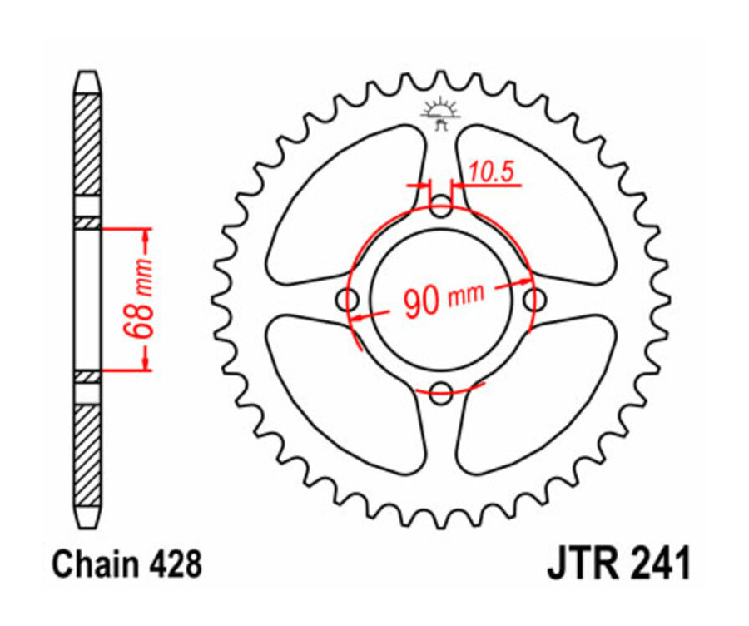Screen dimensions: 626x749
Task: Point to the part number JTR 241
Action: [x=618, y=564]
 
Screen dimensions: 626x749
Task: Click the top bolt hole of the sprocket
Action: [x=441, y=206]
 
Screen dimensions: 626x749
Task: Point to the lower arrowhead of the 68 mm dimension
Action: [x=147, y=361]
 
